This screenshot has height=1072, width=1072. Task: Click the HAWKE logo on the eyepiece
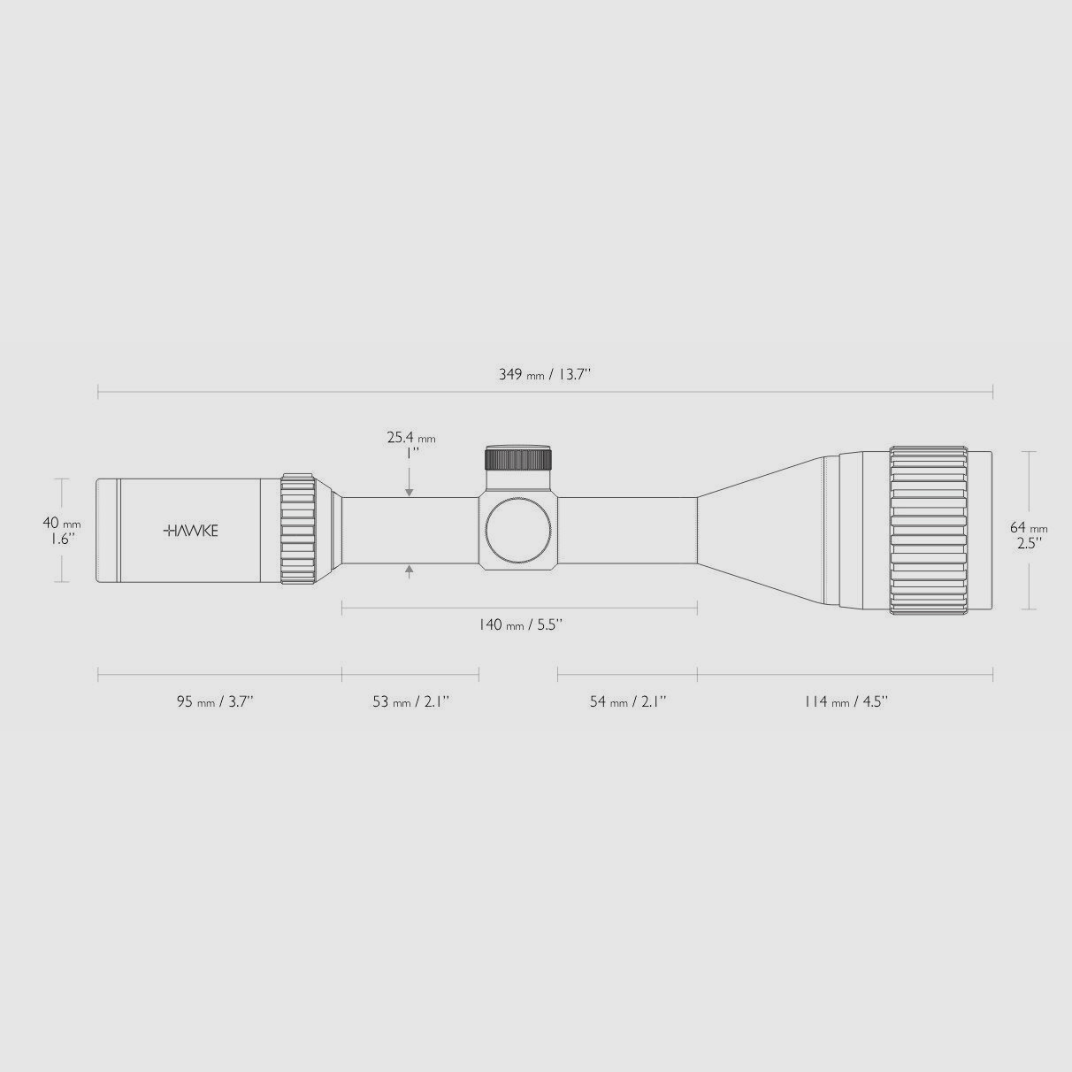[191, 531]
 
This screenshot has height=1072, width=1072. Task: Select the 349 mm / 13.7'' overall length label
[545, 374]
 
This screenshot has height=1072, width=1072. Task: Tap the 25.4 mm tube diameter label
[410, 437]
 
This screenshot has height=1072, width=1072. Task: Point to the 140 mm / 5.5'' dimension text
[520, 625]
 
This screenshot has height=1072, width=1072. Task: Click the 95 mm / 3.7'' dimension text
[215, 701]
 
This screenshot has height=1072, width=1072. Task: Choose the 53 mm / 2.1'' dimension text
[410, 701]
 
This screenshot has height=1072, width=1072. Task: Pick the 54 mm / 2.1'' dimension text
[628, 701]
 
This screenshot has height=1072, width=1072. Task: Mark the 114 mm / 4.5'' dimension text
[846, 701]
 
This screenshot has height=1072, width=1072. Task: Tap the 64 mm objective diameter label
[1029, 528]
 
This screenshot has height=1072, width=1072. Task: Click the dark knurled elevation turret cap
[518, 458]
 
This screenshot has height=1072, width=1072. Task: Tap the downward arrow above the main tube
[410, 490]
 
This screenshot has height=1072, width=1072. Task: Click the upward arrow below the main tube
[410, 570]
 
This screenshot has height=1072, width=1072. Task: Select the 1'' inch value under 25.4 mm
[410, 452]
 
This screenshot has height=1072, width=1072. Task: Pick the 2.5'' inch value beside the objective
[1029, 542]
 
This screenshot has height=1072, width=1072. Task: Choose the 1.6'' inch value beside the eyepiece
[62, 538]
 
